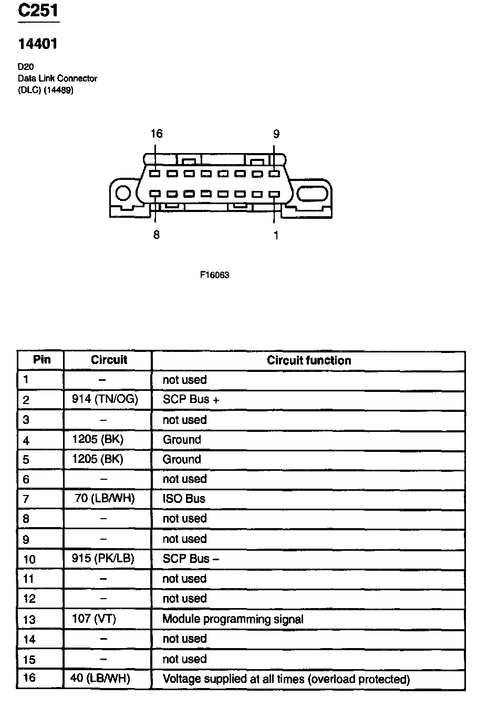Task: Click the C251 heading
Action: (38, 12)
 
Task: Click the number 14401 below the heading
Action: (38, 44)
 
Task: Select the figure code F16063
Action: (214, 275)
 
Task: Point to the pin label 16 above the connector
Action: (156, 134)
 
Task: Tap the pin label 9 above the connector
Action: (276, 134)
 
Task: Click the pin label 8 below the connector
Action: (156, 235)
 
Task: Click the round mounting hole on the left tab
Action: (123, 194)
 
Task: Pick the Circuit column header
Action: (109, 360)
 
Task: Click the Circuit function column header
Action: (308, 360)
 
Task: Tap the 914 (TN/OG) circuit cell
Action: (105, 399)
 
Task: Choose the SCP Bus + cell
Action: (191, 399)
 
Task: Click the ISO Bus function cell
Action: (184, 498)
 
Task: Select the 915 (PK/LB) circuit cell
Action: (103, 558)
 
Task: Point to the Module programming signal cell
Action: (233, 619)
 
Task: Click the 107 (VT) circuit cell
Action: (94, 619)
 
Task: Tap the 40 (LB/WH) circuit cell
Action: (100, 679)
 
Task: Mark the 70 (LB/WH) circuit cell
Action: (105, 498)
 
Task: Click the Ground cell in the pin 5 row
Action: (182, 459)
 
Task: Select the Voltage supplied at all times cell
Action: (286, 679)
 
